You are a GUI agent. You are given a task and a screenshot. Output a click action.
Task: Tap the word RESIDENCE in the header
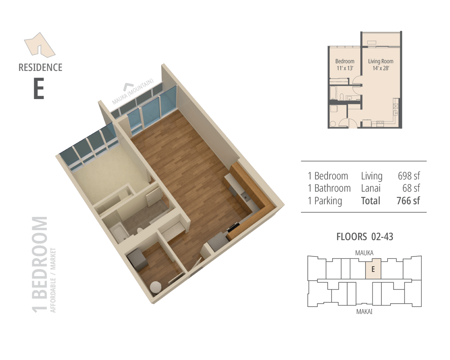pos(40,67)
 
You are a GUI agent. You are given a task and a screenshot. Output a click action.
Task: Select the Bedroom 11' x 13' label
pos(345,65)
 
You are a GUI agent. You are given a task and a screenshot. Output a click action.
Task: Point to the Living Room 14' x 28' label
pos(381,65)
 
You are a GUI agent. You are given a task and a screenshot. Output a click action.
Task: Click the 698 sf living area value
pos(409,176)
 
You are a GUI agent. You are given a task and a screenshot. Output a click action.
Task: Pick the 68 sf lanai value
pos(411,188)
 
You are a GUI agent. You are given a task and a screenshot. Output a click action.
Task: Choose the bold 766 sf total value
pos(408,201)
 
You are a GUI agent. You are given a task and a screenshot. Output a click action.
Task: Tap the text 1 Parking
pos(325,201)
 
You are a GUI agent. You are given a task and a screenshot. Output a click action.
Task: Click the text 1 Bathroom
pos(329,188)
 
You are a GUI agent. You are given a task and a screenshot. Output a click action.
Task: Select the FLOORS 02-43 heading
pos(364,236)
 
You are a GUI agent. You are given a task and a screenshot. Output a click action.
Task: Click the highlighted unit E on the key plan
pos(372,269)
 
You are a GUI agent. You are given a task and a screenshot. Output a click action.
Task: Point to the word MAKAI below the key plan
pos(364,312)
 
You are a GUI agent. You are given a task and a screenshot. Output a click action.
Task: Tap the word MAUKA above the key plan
pos(364,253)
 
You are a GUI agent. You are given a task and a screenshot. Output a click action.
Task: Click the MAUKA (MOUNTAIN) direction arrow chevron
pos(130,87)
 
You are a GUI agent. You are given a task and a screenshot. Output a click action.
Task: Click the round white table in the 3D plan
pos(157,287)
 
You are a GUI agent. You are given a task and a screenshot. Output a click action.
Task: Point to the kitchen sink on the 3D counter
pos(246,197)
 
